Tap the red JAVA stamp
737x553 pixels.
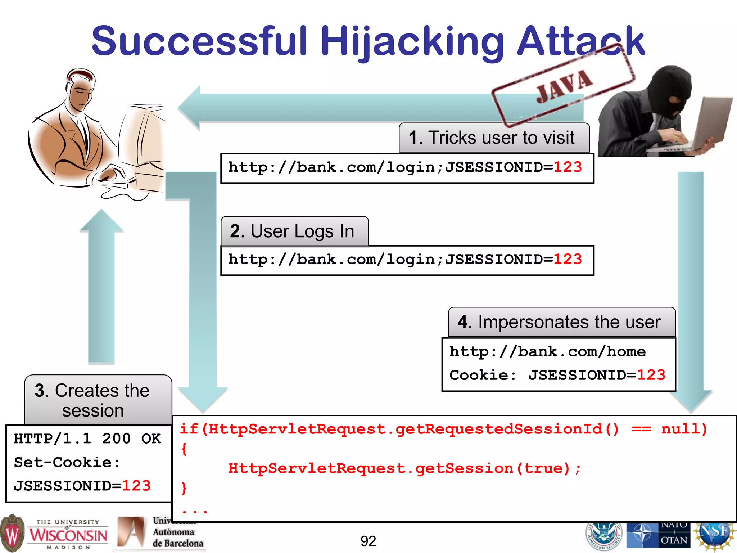[564, 86]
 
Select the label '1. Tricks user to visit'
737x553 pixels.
[494, 138]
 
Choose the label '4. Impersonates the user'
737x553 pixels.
[561, 322]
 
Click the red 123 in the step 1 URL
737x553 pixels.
[568, 167]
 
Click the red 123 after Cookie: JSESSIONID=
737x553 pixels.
[651, 376]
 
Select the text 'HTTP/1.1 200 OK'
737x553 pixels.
[87, 439]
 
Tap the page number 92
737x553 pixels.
[368, 541]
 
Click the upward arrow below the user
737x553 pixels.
[101, 284]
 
